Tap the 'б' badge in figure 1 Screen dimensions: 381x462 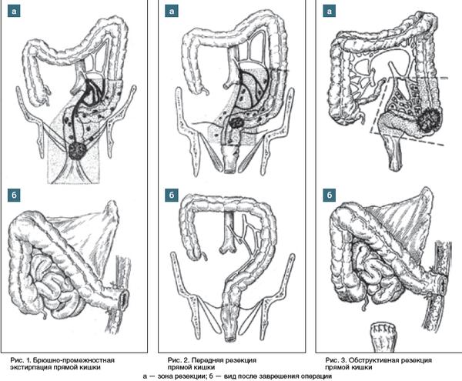point(15,195)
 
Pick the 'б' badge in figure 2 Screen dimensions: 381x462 point(172,195)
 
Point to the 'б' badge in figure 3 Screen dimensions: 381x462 point(330,195)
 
